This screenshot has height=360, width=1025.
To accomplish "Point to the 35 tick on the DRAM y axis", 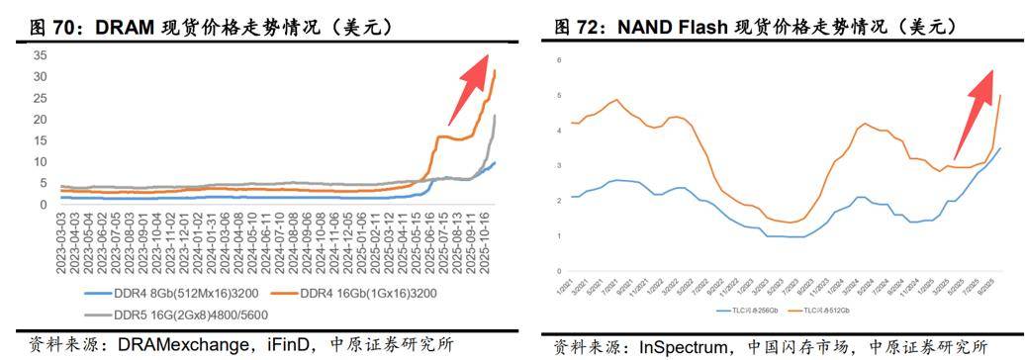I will coord(41,53).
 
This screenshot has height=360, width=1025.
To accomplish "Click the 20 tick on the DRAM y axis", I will coord(41,119).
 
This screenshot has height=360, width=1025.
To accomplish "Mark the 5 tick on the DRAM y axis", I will coord(44,183).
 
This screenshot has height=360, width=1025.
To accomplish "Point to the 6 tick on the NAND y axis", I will coord(559,60).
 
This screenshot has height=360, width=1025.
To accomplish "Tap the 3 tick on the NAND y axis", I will coord(559,165).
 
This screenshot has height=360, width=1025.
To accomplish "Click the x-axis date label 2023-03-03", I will coord(61,243).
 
